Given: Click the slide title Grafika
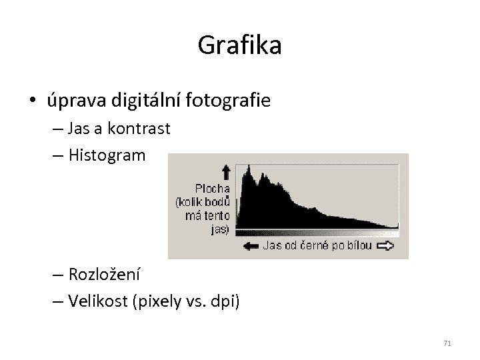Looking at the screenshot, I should (x=240, y=45).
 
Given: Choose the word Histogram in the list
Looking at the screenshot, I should (x=105, y=155).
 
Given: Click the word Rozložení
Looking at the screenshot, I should (x=105, y=275).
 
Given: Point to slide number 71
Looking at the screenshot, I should (x=447, y=343).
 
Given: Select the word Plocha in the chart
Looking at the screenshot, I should (x=213, y=187).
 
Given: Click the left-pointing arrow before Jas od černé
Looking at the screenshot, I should (x=251, y=245).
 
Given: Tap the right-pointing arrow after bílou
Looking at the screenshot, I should (x=385, y=245).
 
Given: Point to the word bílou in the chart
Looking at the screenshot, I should (x=359, y=245).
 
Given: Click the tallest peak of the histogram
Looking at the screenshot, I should (x=249, y=169).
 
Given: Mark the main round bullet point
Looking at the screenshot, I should (x=33, y=101).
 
